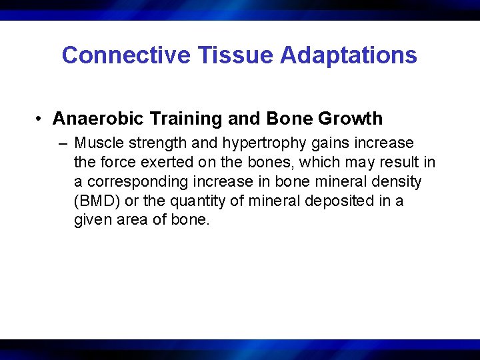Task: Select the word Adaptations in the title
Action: click(349, 55)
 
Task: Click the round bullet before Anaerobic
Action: click(41, 119)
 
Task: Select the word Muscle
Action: click(97, 143)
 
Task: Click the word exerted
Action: click(161, 163)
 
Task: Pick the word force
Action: click(117, 163)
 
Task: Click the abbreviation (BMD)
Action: click(94, 201)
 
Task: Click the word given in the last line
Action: click(93, 220)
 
